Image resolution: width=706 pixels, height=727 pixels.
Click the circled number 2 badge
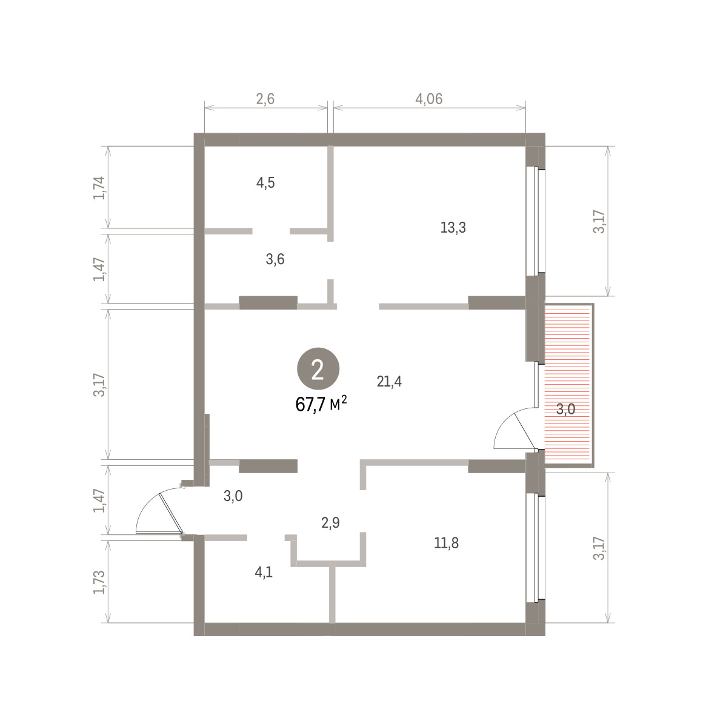tap(318, 369)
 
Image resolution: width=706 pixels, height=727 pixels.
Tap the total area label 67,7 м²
tap(321, 404)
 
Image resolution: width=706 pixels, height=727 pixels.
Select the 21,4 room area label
tap(389, 382)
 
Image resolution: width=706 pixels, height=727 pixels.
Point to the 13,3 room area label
tap(453, 227)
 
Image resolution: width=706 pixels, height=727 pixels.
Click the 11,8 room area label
tap(446, 543)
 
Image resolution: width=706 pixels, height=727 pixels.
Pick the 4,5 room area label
tap(265, 183)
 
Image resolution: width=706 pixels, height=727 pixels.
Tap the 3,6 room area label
tap(275, 259)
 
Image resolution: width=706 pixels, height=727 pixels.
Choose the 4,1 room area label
tap(264, 572)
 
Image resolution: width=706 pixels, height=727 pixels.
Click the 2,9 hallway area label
tap(330, 523)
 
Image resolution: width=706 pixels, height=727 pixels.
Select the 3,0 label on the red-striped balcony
tap(565, 410)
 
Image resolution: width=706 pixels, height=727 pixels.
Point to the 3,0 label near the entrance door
tap(233, 496)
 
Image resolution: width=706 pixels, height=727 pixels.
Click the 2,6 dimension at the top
tap(265, 99)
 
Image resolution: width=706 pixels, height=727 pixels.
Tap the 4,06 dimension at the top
tap(428, 99)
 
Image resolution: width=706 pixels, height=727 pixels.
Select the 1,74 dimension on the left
tap(99, 188)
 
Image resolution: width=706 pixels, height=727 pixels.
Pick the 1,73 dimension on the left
tap(99, 582)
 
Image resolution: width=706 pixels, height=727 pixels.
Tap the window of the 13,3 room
tap(536, 221)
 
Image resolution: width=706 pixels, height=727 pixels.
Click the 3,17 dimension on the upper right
tap(598, 222)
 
